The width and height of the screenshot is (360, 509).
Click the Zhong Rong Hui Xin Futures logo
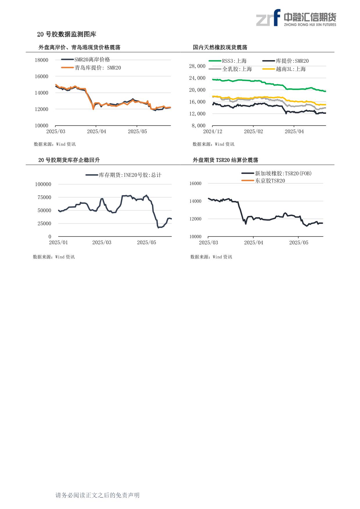click(x=296, y=18)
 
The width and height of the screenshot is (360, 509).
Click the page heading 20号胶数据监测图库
click(x=66, y=34)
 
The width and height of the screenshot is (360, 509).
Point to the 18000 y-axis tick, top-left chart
click(x=42, y=60)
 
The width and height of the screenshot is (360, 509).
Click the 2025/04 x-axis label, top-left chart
click(x=97, y=132)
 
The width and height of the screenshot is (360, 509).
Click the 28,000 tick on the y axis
click(x=197, y=66)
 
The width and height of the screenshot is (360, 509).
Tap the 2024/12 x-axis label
click(x=213, y=132)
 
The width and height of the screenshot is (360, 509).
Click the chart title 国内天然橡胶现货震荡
click(x=220, y=47)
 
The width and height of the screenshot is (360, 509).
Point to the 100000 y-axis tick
click(x=43, y=184)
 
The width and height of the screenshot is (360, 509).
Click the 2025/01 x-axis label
click(x=58, y=242)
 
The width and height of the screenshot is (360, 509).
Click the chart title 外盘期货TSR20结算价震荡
click(x=225, y=160)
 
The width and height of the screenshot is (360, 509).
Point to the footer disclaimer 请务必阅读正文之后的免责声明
click(x=98, y=495)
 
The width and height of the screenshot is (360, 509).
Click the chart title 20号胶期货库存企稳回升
click(x=69, y=160)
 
